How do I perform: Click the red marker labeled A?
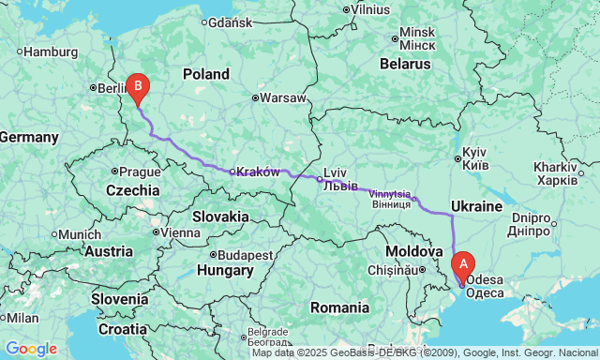pos(462,265)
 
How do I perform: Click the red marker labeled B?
pos(138,87)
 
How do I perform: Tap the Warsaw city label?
pos(283,97)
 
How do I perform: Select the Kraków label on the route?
pos(258,172)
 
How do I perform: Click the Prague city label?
pos(140,172)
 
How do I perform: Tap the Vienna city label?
pos(181,232)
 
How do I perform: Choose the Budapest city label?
pos(246,254)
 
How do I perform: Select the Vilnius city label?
pos(370,9)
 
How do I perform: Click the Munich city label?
pos(82,233)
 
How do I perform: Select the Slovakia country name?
pos(220,217)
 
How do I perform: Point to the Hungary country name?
pos(225,272)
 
